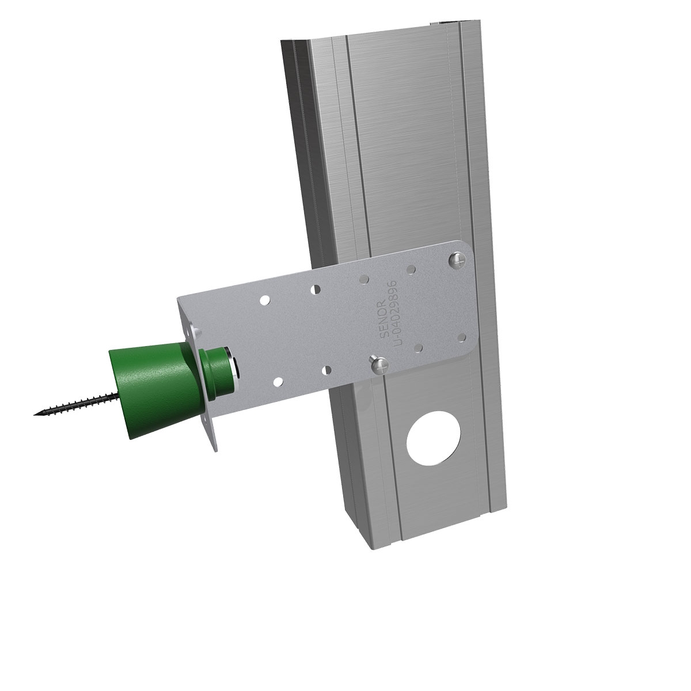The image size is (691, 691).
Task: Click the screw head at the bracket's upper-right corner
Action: (458, 259)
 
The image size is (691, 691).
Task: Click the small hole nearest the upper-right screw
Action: (411, 268)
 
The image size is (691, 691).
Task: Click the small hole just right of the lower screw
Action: (419, 348)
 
